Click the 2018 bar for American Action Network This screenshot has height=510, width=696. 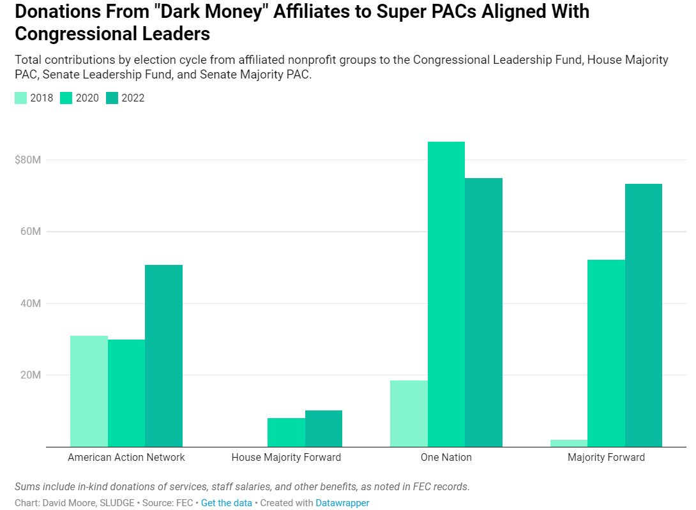89,391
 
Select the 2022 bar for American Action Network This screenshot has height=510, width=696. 163,356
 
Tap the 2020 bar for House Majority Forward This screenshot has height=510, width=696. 286,432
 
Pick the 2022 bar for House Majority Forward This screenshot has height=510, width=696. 324,428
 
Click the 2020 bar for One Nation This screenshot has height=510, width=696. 446,294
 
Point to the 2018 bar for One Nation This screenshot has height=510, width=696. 409,413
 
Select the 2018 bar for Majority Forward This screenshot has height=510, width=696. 568,443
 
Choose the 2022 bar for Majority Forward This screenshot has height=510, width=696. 644,315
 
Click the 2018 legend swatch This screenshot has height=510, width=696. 21,98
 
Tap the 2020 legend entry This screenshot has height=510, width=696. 80,98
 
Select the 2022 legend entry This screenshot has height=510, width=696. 126,98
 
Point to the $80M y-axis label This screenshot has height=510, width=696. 28,160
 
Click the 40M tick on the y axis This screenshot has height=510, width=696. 31,303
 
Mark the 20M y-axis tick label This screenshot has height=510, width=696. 31,375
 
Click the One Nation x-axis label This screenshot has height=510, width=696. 446,457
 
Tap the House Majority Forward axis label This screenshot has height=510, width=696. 286,457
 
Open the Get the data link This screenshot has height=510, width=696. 227,503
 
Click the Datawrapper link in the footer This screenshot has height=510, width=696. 342,503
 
